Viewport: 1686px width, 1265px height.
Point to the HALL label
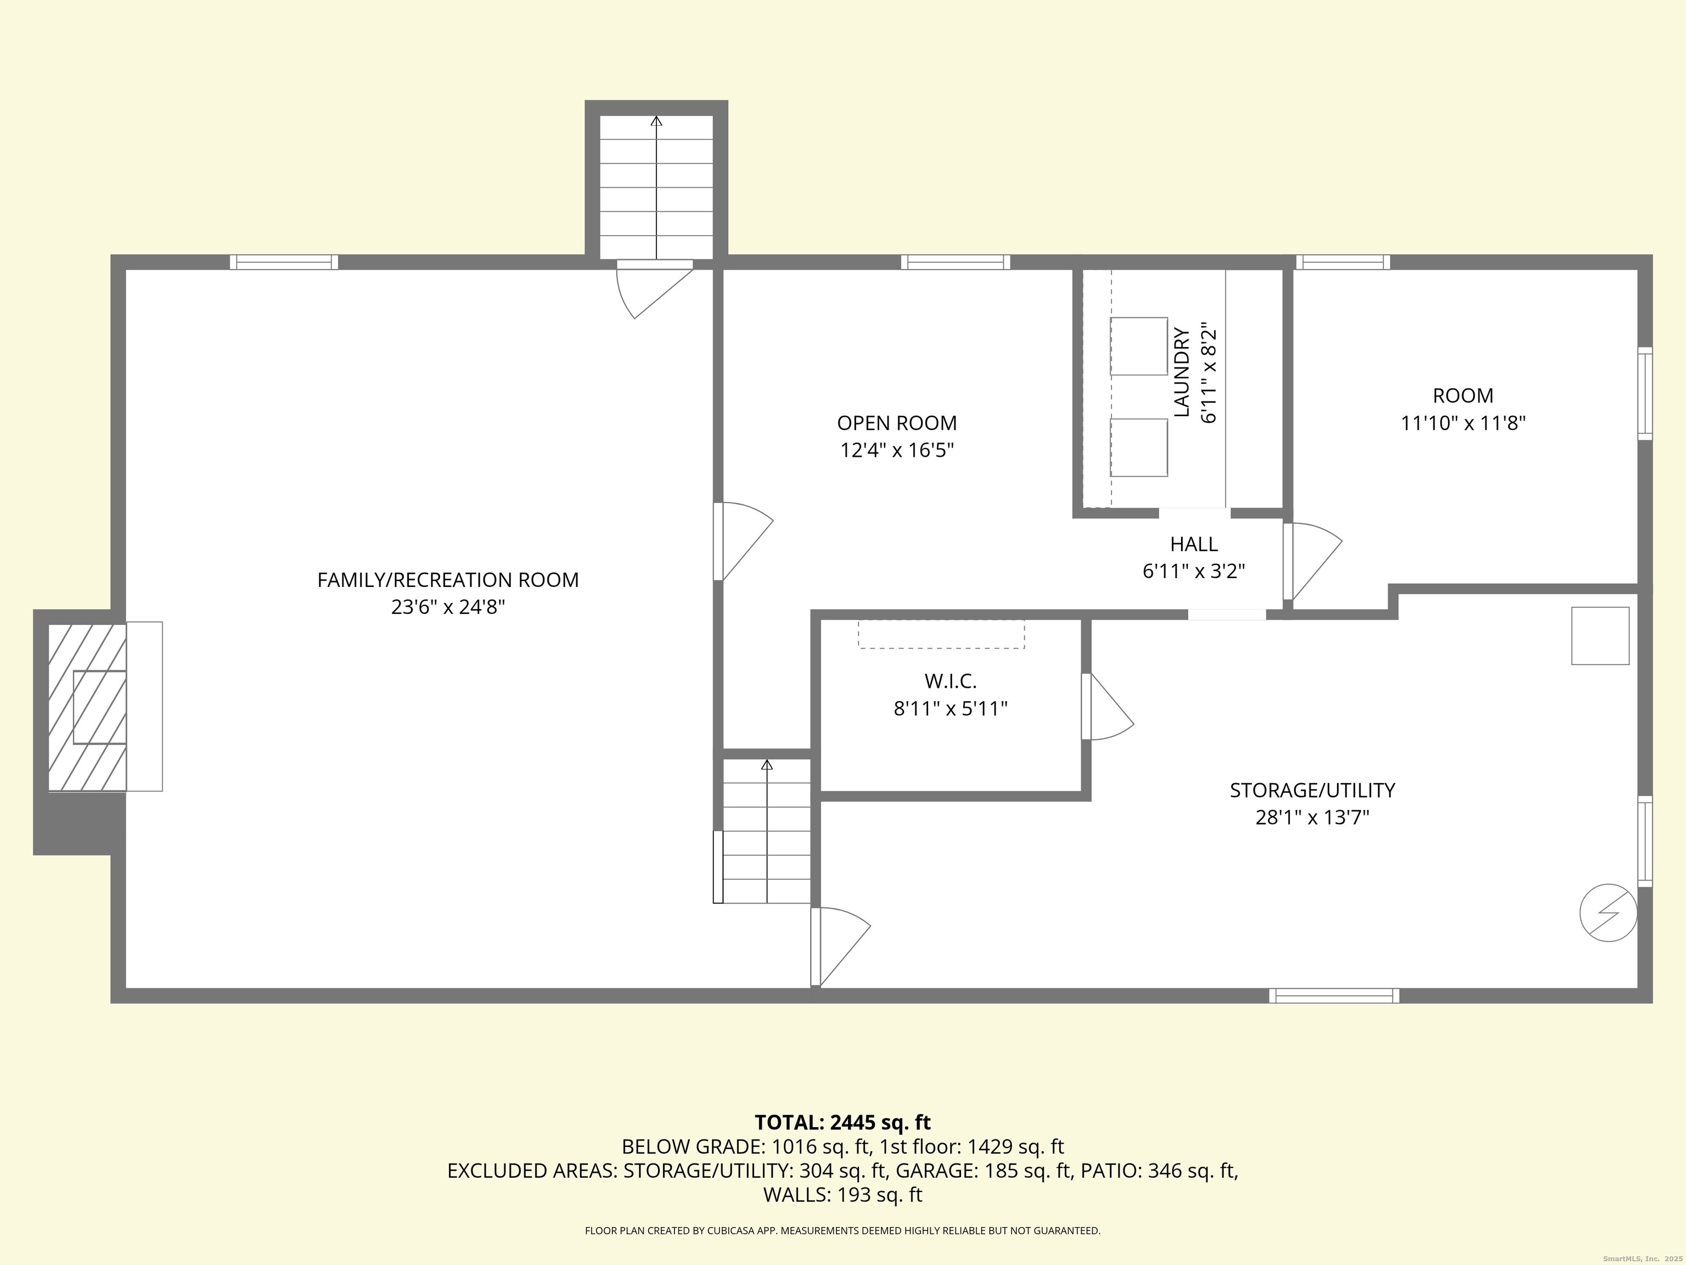pyautogui.click(x=1194, y=545)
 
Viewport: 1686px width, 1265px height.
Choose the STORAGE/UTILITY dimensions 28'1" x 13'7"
pyautogui.click(x=1312, y=818)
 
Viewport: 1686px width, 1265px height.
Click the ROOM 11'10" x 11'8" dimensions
pyautogui.click(x=1463, y=423)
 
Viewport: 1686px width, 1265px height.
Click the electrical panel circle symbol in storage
pyautogui.click(x=1608, y=912)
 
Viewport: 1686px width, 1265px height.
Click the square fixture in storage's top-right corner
pyautogui.click(x=1600, y=636)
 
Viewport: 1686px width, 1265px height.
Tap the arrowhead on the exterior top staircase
pyautogui.click(x=656, y=120)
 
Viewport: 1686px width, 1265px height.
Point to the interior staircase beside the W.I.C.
pyautogui.click(x=766, y=831)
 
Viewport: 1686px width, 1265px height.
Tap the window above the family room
pyautogui.click(x=284, y=262)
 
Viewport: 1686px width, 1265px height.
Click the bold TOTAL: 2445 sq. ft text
pyautogui.click(x=842, y=1122)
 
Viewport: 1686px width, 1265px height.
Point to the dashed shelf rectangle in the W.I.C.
pyautogui.click(x=941, y=634)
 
